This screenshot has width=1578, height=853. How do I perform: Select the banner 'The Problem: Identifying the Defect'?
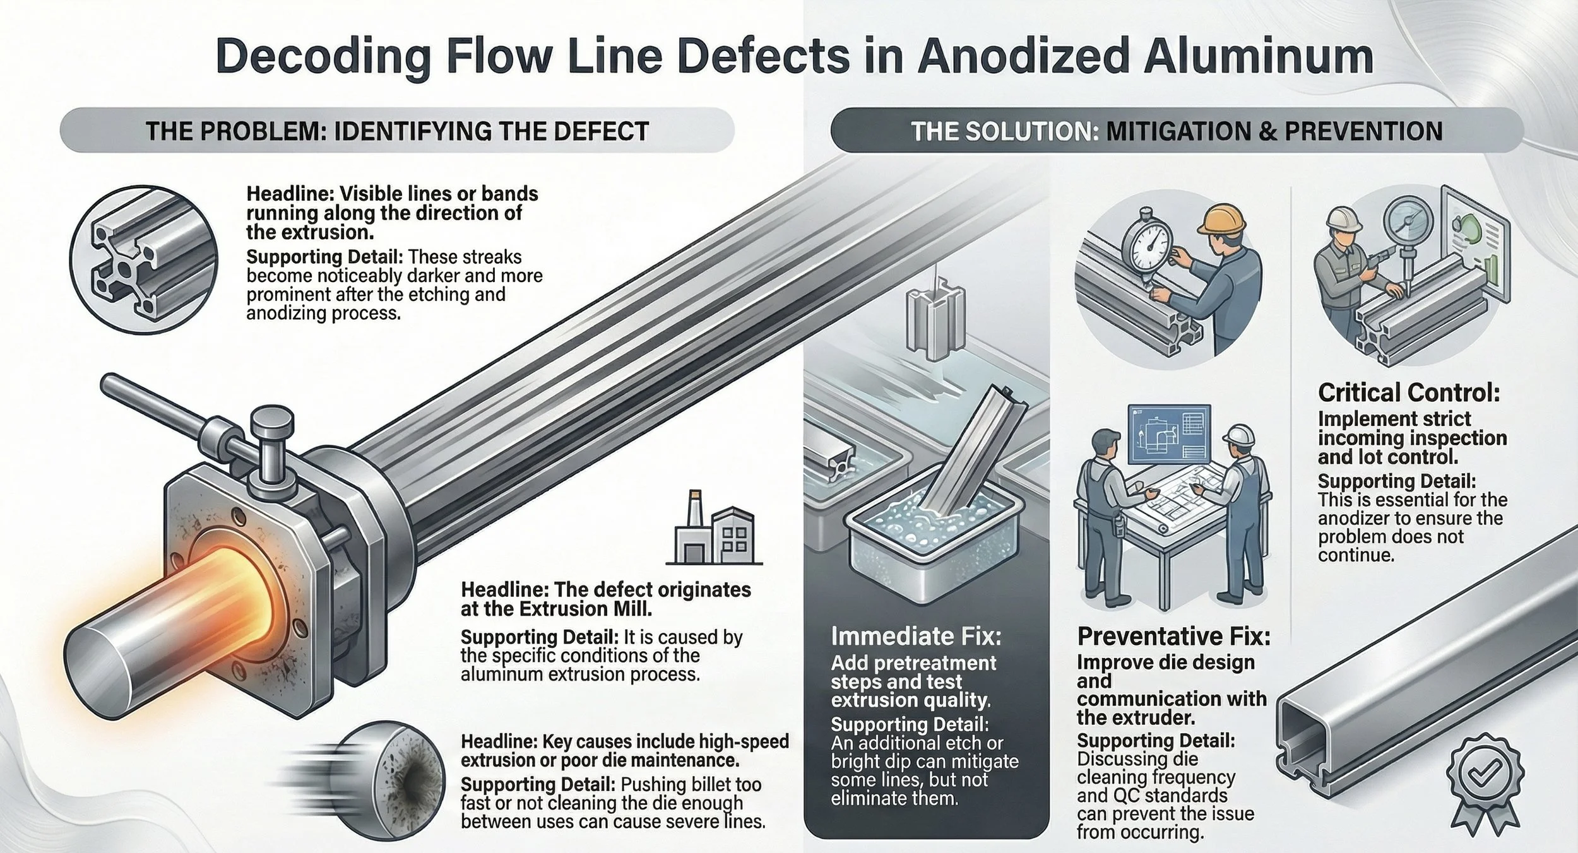pyautogui.click(x=397, y=131)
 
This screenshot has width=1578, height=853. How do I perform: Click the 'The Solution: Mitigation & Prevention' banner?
pyautogui.click(x=1177, y=131)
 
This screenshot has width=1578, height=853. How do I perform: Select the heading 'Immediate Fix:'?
pyautogui.click(x=916, y=636)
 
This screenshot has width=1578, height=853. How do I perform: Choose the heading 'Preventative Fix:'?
pyautogui.click(x=1173, y=636)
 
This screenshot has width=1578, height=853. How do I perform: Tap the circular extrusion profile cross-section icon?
pyautogui.click(x=144, y=259)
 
